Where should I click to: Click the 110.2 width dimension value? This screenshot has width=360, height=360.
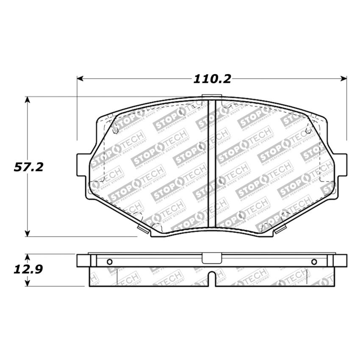pos(212,79)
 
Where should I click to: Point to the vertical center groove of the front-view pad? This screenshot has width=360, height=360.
pos(213,165)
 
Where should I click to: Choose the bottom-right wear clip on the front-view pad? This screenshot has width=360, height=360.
pos(280,229)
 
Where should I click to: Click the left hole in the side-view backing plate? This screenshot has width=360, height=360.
pos(109,261)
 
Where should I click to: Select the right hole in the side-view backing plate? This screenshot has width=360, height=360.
pos(314,261)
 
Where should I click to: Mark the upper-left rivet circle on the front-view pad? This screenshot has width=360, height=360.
pos(116,131)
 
